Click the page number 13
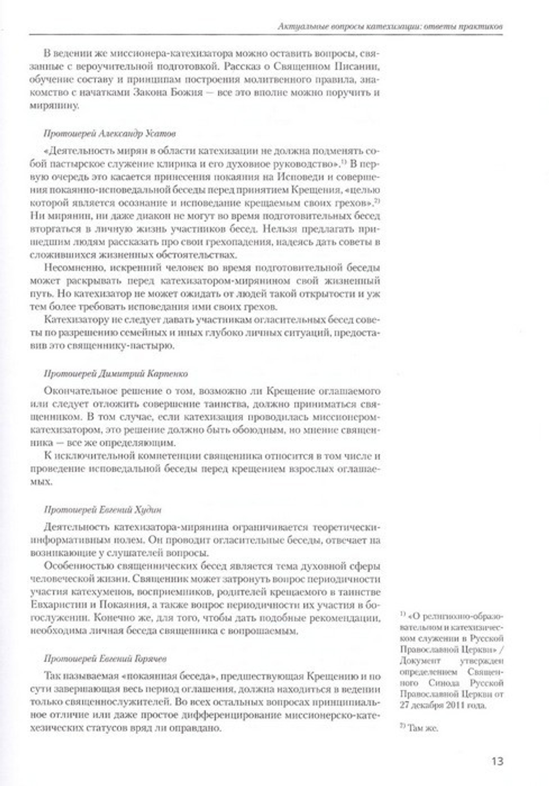tap(497, 761)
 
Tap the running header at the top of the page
tap(390, 26)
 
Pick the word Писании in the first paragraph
tap(361, 67)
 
